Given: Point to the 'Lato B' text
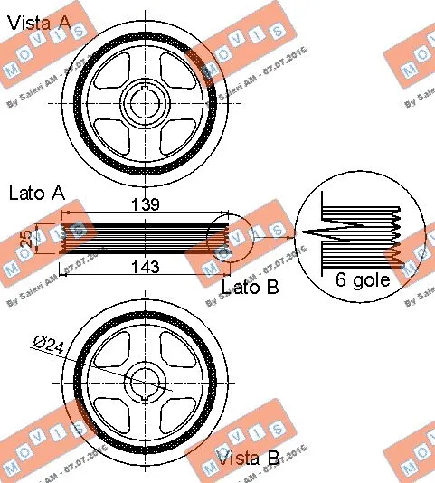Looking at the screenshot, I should (x=251, y=288).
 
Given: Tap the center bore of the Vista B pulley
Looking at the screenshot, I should (x=145, y=383).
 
